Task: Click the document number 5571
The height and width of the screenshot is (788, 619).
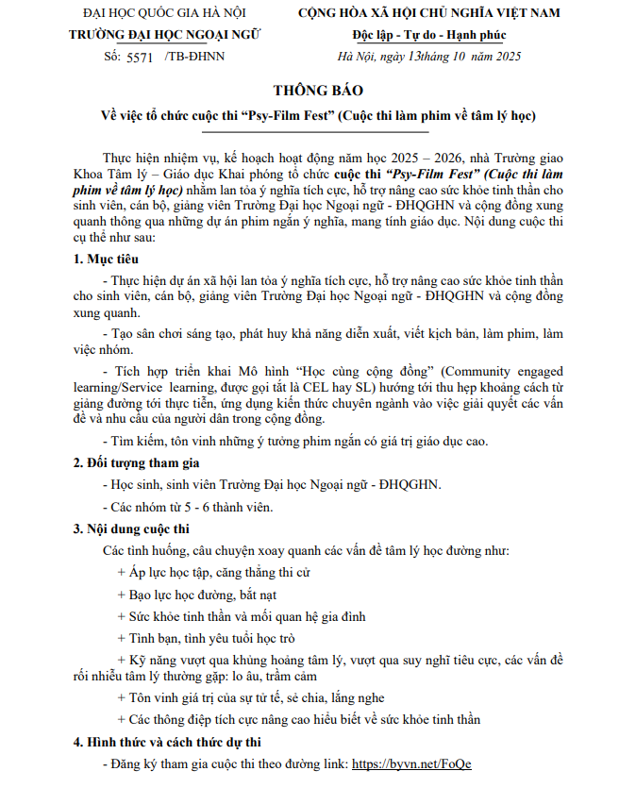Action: (x=138, y=57)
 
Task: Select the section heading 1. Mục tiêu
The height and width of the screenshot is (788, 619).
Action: (x=106, y=258)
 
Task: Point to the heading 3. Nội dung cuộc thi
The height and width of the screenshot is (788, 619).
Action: (x=131, y=528)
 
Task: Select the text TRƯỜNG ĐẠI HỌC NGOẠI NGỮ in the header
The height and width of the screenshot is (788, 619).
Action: (x=165, y=35)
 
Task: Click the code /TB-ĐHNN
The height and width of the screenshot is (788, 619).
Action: (x=195, y=57)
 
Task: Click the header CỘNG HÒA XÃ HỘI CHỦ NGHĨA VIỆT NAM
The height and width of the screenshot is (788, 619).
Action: (x=429, y=13)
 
